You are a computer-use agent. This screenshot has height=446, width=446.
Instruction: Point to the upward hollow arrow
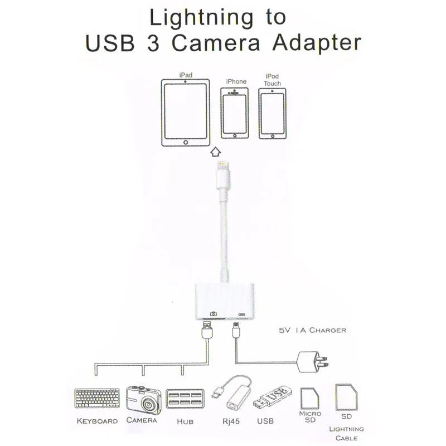216,151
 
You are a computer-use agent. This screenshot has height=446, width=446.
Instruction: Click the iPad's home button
186,143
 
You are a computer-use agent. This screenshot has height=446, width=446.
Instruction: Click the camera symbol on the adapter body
212,314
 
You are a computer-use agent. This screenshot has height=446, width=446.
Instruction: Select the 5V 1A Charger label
312,330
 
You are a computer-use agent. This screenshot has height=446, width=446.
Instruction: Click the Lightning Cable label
346,434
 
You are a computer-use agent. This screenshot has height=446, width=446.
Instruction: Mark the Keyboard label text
96,421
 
